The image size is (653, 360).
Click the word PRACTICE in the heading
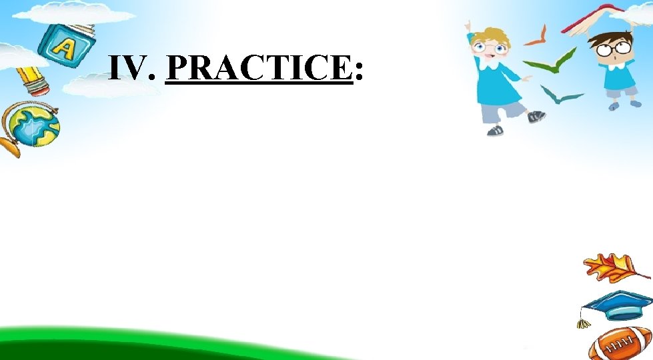258,68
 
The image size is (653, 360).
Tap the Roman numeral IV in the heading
131,68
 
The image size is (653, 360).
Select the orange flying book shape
536,36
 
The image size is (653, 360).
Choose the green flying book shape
551,61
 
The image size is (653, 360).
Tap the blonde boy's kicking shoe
536,117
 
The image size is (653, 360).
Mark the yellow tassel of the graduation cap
584,323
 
